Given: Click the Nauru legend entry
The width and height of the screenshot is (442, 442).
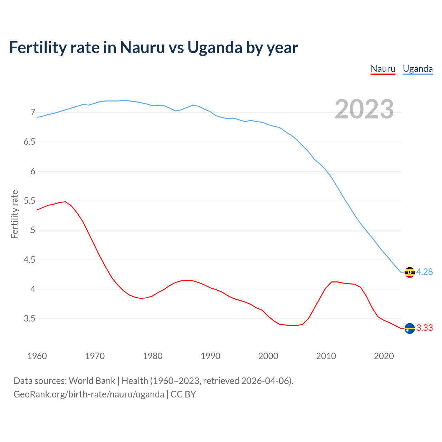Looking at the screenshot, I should point(383,69).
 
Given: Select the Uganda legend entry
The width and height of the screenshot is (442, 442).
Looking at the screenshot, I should point(417,69).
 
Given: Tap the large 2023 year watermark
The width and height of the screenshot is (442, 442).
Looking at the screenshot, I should point(364,109).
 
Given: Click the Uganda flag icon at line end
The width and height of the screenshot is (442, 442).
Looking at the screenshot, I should point(410,272).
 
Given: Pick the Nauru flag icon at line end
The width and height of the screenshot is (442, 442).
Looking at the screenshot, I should point(410,328).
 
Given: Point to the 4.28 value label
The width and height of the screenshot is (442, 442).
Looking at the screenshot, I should point(424,272).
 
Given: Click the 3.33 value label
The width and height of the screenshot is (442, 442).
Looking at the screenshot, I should point(424,328).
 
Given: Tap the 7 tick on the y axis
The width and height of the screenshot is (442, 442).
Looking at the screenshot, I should point(33,113).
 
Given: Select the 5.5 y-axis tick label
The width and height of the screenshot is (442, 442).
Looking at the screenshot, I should point(29,201).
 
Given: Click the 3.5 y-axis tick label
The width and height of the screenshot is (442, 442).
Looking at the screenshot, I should point(29,319).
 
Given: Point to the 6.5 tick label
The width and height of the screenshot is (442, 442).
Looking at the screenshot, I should point(29,142).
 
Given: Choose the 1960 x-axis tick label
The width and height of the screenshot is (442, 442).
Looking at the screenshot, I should point(37,356).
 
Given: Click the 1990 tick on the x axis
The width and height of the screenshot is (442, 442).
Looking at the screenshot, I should point(210,356).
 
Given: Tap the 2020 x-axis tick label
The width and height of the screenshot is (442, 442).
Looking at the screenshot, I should point(384,356).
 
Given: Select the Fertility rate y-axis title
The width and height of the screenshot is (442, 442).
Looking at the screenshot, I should point(15,214).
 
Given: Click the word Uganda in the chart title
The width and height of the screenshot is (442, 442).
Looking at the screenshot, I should point(215,48).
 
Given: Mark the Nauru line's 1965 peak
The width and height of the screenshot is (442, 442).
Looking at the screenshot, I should point(65,202).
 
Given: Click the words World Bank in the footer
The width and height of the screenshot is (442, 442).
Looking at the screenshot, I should point(92,381).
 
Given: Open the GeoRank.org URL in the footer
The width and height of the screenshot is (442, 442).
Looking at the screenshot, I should point(89,394).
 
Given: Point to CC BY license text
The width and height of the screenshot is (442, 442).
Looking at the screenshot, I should point(183,394).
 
